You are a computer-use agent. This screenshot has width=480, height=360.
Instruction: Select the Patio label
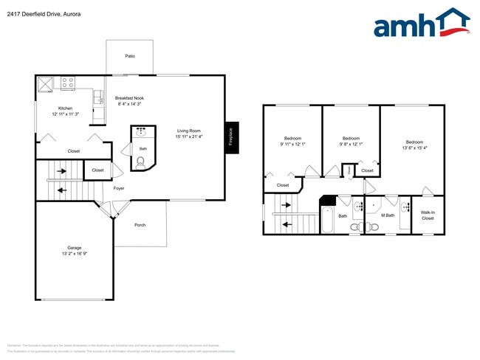pos(130,56)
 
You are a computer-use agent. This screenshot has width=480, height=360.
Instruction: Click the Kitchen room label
pos(66,108)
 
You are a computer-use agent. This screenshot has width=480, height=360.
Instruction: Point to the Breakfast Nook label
pos(129,98)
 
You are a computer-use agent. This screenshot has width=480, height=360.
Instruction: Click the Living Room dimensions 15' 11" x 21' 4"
pos(189,136)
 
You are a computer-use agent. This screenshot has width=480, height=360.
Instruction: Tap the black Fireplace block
pos(232,137)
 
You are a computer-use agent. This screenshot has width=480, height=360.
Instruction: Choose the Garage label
pos(74,247)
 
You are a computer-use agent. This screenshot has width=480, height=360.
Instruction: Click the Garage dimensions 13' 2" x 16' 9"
pos(74,253)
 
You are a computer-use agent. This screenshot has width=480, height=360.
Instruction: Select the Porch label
pos(140,225)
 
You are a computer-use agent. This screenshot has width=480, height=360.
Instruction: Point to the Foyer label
pos(119,188)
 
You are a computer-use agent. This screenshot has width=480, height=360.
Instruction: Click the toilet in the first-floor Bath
pos(141,160)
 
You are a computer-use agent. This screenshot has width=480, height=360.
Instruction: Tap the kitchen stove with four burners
pos(68,83)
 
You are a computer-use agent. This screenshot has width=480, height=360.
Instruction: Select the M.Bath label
pos(388,215)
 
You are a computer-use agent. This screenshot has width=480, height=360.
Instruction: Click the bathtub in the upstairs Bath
pos(328,220)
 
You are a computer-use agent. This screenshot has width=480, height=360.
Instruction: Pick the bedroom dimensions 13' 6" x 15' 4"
pos(414,148)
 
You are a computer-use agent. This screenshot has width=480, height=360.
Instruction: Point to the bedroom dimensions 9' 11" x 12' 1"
pos(292,144)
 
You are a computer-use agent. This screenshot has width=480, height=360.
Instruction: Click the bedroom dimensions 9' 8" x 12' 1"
pos(351,144)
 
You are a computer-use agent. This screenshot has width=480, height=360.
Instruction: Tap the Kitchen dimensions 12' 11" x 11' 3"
pos(66,114)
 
